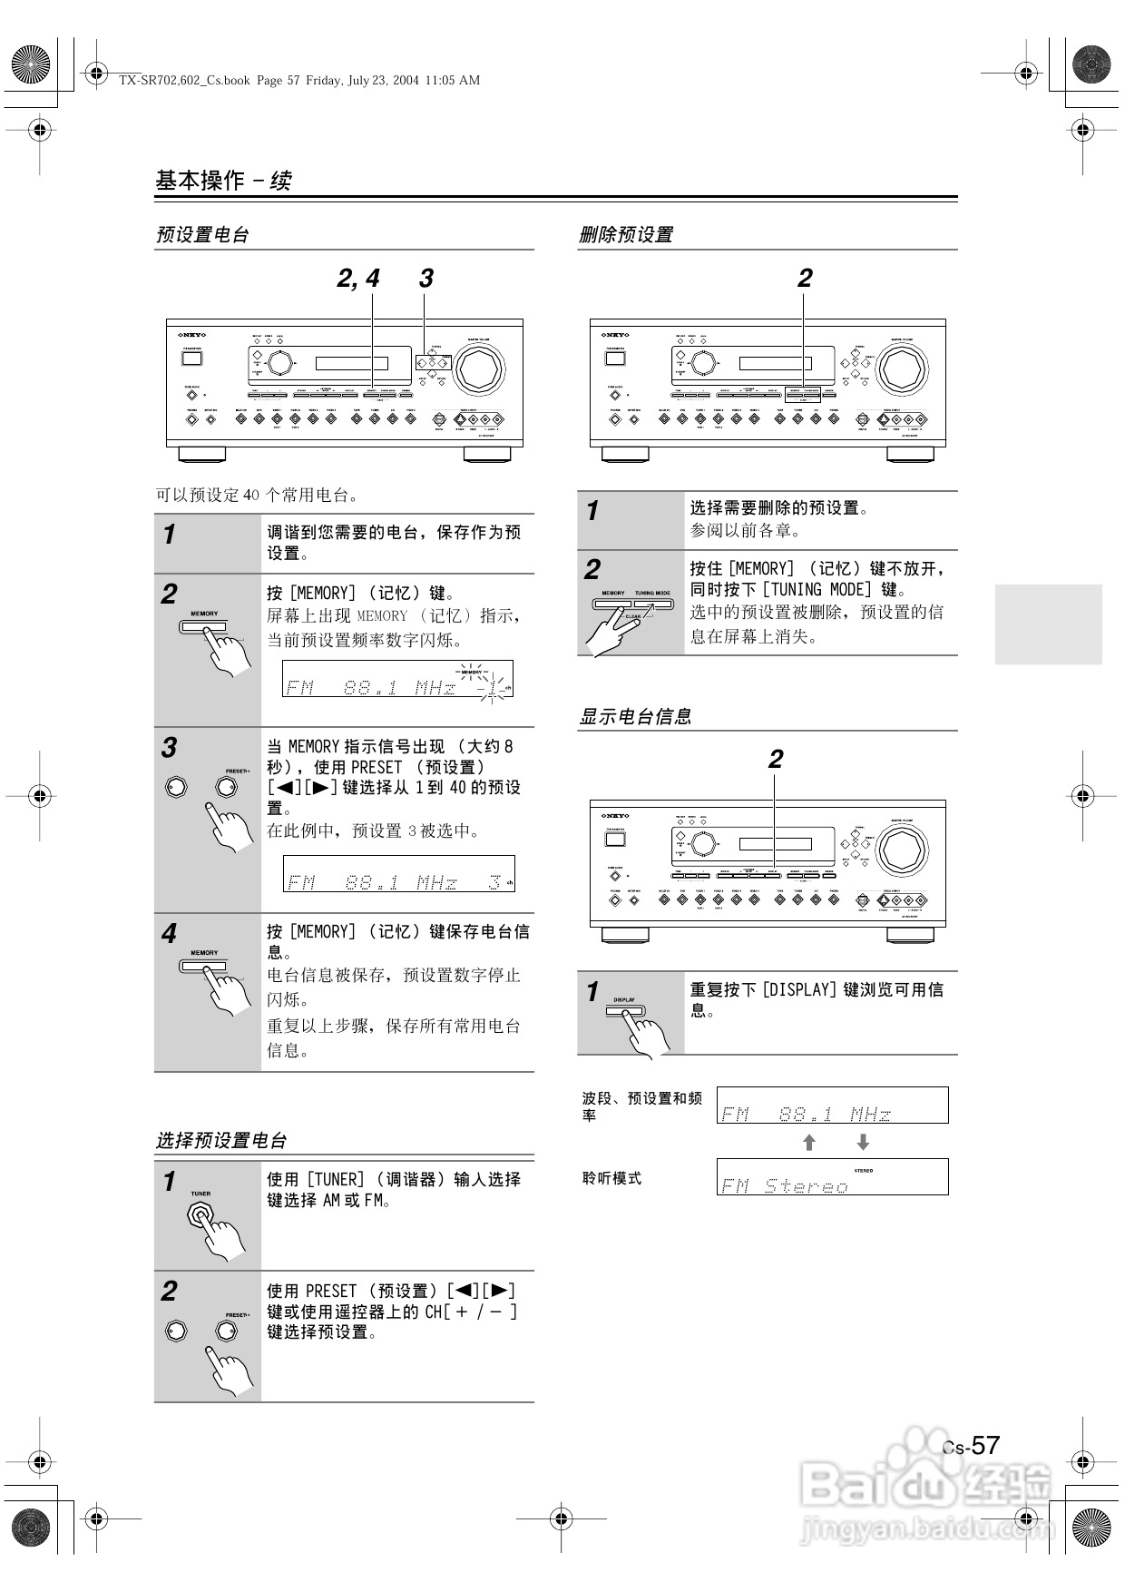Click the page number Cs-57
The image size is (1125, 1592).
pyautogui.click(x=972, y=1446)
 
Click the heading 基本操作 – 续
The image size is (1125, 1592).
pyautogui.click(x=223, y=181)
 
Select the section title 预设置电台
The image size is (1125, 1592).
pyautogui.click(x=202, y=235)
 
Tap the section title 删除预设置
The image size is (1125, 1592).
pyautogui.click(x=626, y=235)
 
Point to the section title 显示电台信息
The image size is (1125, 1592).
pyautogui.click(x=635, y=717)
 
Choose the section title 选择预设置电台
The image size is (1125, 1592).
pyautogui.click(x=221, y=1141)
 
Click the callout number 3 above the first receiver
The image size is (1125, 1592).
pyautogui.click(x=426, y=279)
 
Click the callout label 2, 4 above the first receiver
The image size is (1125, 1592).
pyautogui.click(x=358, y=279)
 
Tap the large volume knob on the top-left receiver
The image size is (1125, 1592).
pyautogui.click(x=478, y=368)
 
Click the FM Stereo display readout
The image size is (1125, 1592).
pyautogui.click(x=786, y=1185)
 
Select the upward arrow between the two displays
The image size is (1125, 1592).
pyautogui.click(x=809, y=1143)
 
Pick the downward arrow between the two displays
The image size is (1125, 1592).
pyautogui.click(x=863, y=1143)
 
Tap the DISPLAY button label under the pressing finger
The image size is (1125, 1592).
pyautogui.click(x=624, y=999)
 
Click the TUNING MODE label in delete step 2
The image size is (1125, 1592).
pyautogui.click(x=652, y=593)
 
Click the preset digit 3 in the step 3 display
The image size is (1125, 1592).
pyautogui.click(x=494, y=881)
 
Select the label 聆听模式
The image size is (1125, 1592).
pyautogui.click(x=612, y=1178)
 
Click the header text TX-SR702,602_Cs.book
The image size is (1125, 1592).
pyautogui.click(x=185, y=80)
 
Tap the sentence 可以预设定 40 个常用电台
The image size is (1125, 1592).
pyautogui.click(x=258, y=496)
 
